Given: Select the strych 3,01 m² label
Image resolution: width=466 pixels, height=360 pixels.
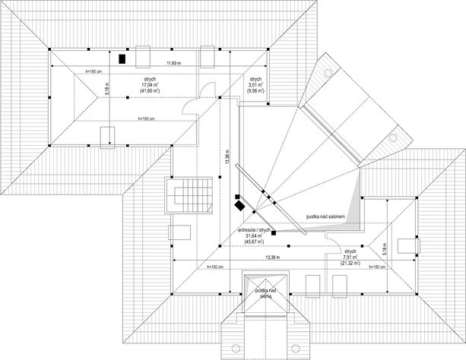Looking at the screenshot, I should pos(255,84).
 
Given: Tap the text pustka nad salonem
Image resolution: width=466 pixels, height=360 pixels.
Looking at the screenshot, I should pos(327,216).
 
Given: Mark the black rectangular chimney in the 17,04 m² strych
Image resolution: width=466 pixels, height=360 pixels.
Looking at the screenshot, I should pos(122,57).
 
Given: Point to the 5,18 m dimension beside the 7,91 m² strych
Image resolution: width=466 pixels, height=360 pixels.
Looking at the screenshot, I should pos(386,248).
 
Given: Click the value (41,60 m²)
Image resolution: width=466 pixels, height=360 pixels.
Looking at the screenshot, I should pos(149,91).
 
